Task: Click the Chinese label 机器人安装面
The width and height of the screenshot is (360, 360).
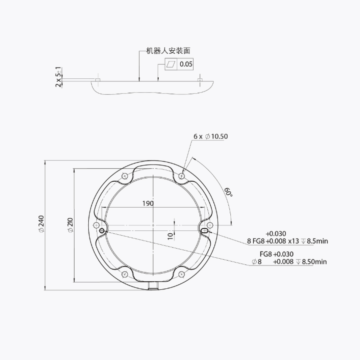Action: (168, 51)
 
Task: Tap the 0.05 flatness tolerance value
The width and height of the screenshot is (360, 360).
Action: (186, 64)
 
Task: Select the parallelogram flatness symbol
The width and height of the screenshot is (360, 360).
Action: (171, 64)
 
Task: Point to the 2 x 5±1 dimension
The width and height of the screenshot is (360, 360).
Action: (59, 77)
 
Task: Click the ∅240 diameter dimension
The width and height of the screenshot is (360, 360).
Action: (41, 224)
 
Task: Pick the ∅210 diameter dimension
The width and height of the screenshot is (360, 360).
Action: (71, 225)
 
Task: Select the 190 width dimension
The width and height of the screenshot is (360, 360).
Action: (148, 203)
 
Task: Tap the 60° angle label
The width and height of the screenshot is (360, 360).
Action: (228, 192)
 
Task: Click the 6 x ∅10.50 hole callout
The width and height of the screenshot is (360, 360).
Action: (210, 136)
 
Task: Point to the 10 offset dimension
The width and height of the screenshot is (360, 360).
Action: (170, 236)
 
